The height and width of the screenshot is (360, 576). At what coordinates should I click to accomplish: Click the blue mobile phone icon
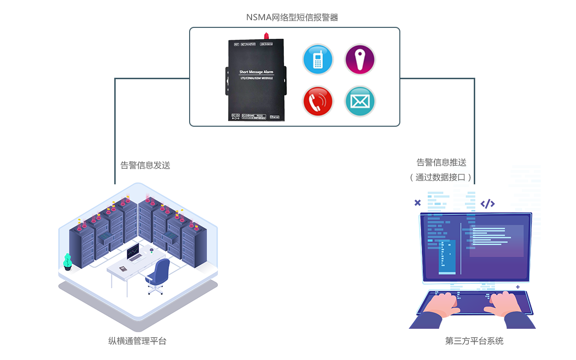coord(317,60)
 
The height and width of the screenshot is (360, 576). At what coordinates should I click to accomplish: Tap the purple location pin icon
coord(360,60)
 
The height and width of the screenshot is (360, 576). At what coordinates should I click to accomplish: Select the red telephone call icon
coord(317,101)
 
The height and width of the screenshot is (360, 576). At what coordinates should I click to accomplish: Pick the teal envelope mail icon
coord(360,101)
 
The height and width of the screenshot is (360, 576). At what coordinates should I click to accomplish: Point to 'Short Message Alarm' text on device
coord(256,72)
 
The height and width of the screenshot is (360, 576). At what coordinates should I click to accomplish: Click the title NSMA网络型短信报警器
coord(292,18)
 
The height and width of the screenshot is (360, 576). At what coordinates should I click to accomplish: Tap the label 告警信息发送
coord(145,166)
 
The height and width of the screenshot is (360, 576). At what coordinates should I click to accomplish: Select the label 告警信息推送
coord(441,163)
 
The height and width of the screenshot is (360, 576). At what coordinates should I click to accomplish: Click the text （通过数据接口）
coord(441,178)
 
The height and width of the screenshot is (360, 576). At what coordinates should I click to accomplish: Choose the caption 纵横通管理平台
coord(137,341)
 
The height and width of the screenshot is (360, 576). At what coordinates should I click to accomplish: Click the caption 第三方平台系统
coord(474,341)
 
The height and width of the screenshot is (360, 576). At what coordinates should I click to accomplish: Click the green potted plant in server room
coord(68,261)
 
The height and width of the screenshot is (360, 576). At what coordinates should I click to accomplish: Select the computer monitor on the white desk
coord(133,251)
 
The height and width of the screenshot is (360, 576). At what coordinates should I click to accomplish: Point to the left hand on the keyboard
coord(443,303)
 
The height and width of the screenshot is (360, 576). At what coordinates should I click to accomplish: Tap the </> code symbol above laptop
coord(488,204)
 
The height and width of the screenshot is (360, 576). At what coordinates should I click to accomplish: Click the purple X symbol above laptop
coord(418,203)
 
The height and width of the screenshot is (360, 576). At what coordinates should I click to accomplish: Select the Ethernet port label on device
coord(276,116)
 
